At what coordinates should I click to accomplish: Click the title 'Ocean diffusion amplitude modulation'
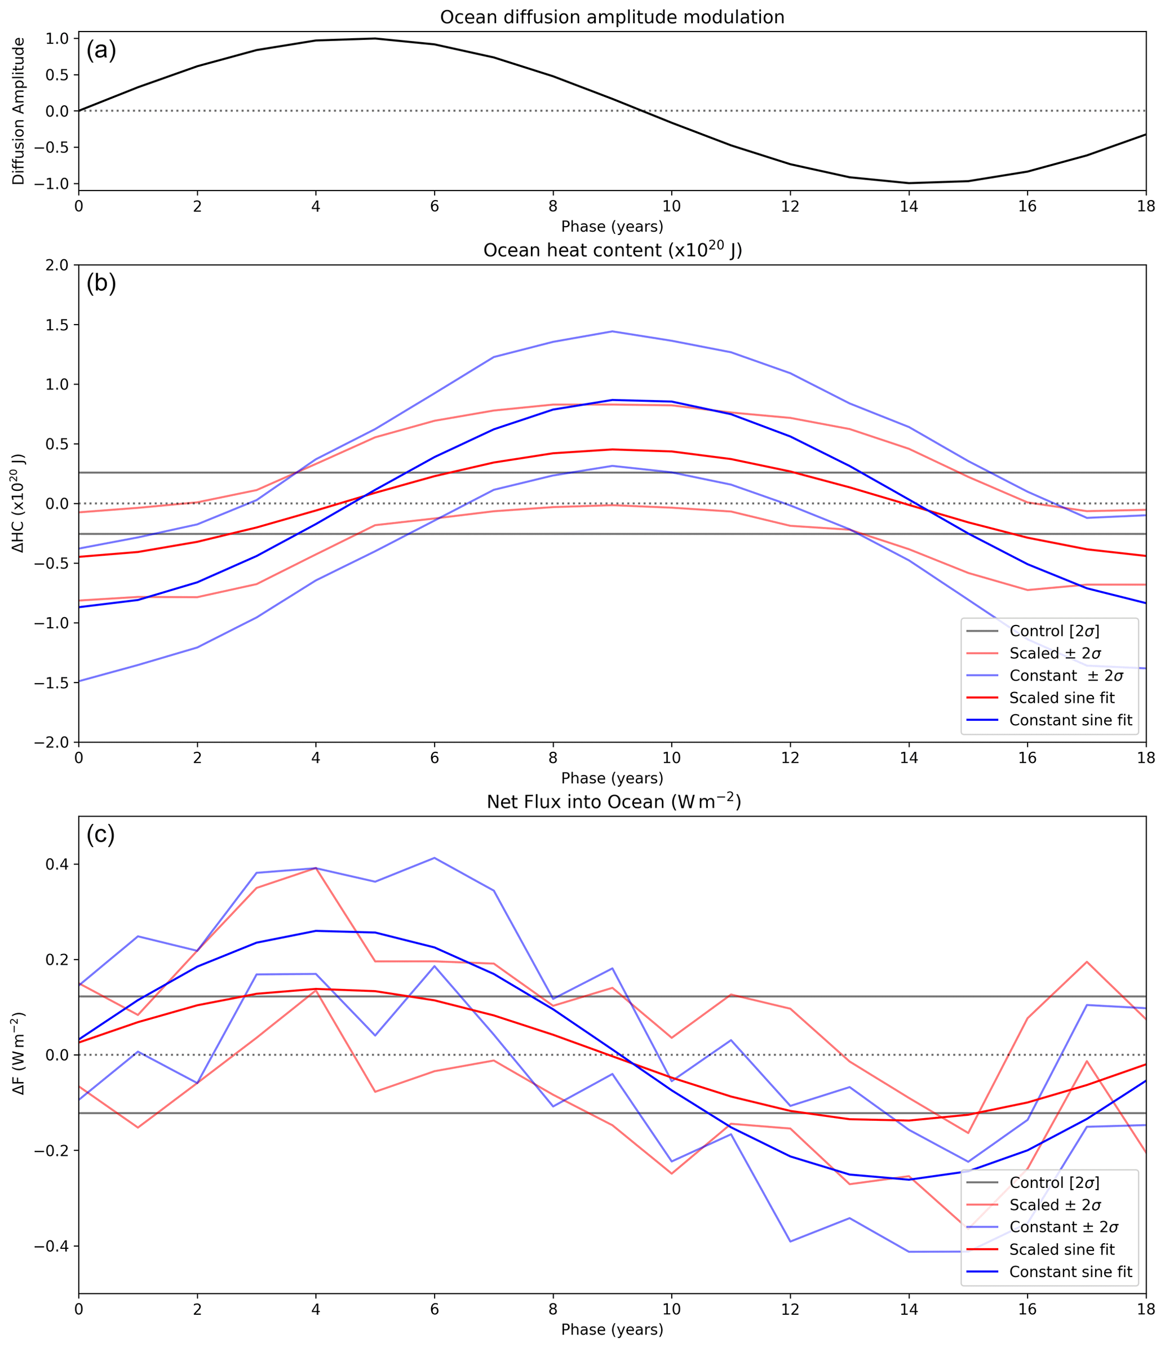coord(612,17)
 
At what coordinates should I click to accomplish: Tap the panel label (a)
coord(101,50)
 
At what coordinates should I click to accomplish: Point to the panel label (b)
coord(101,283)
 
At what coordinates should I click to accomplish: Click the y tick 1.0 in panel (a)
coord(58,38)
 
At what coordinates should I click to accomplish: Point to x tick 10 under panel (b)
coord(671,757)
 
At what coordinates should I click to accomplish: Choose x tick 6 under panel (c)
coord(434,1309)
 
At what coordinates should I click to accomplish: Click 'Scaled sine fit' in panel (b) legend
coord(1061,698)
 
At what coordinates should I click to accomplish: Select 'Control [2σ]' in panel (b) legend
coord(1055,631)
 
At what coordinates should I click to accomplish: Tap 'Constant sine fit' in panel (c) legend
coord(1071,1272)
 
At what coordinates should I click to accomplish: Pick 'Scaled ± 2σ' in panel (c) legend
coord(1055,1205)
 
